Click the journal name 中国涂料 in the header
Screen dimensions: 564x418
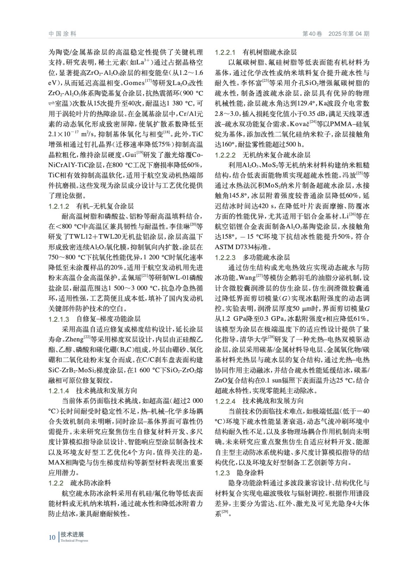(x=62, y=34)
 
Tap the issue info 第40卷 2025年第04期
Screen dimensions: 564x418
(x=336, y=34)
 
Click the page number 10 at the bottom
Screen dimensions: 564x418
(x=52, y=537)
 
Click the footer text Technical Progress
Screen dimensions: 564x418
(x=74, y=541)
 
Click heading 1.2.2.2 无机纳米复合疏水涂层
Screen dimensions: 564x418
(x=263, y=155)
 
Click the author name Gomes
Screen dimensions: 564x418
(x=133, y=83)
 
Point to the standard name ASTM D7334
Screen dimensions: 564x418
(x=238, y=247)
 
